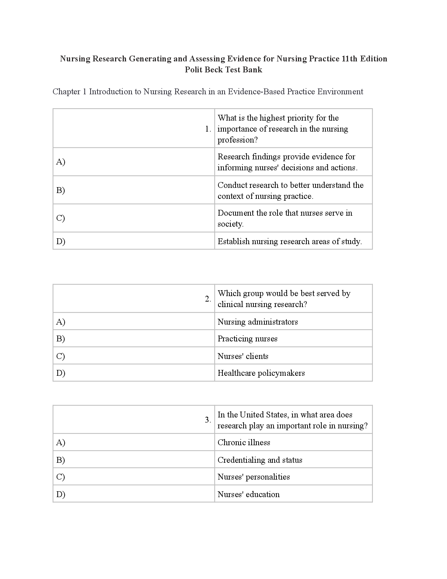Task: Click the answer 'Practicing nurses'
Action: pyautogui.click(x=247, y=339)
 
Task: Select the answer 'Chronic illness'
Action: pyautogui.click(x=244, y=443)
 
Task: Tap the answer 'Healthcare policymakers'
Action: pyautogui.click(x=261, y=373)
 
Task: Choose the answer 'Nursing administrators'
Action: pyautogui.click(x=257, y=322)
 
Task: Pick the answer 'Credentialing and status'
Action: pyautogui.click(x=260, y=460)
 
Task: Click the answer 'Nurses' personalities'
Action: pyautogui.click(x=253, y=477)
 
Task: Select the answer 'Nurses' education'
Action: pyautogui.click(x=248, y=495)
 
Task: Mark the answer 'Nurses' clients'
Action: pyautogui.click(x=243, y=356)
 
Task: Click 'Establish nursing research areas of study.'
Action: pyautogui.click(x=290, y=242)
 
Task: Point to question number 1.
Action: pyautogui.click(x=208, y=129)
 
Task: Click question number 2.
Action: pyautogui.click(x=208, y=299)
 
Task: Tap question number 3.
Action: pyautogui.click(x=208, y=420)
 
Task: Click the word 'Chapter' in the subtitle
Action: pyautogui.click(x=66, y=92)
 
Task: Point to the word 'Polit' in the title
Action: pyautogui.click(x=193, y=70)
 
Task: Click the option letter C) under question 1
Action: pyautogui.click(x=60, y=218)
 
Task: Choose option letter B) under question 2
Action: pyautogui.click(x=60, y=339)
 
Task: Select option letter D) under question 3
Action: pyautogui.click(x=60, y=495)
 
